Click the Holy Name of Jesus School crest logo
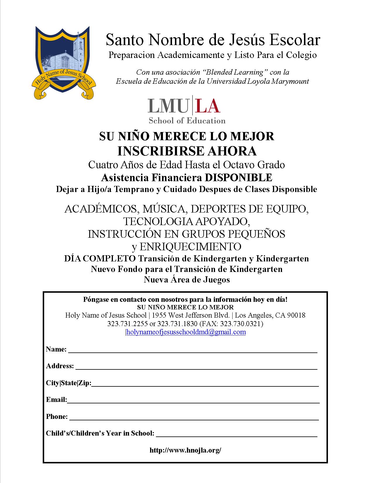click(x=63, y=62)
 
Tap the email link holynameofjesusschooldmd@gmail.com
click(x=186, y=332)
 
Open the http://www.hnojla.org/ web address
click(x=185, y=450)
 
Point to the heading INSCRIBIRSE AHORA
click(x=187, y=151)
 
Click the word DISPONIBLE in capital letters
click(x=238, y=177)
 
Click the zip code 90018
click(x=296, y=315)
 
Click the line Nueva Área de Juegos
click(x=187, y=280)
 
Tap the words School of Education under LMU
click(x=187, y=121)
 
